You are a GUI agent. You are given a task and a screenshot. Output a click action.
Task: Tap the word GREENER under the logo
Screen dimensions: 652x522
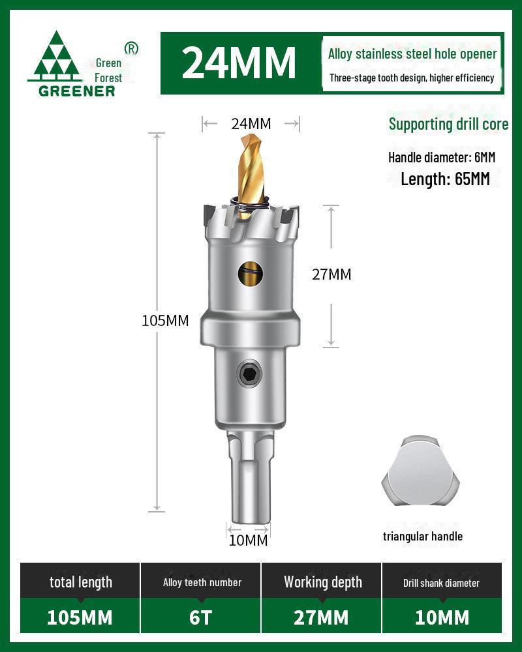(76, 91)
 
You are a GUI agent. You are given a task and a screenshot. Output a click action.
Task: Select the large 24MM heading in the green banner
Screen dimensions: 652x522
(238, 62)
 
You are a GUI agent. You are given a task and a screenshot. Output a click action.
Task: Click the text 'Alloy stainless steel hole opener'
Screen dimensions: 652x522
(412, 54)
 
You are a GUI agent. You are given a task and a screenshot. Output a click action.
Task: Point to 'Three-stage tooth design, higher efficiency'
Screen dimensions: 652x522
(412, 78)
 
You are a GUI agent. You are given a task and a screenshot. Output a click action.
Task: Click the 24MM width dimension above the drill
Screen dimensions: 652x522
(251, 123)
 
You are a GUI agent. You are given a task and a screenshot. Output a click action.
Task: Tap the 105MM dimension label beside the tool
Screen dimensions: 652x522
(165, 320)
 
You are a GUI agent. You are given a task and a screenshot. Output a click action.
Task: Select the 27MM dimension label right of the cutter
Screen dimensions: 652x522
(331, 274)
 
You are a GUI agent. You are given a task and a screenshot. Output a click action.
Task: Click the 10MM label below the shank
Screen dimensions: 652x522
(248, 540)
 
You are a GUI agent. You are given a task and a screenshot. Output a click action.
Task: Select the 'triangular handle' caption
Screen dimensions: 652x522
(423, 536)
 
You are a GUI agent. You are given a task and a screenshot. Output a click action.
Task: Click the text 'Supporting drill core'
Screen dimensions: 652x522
(448, 124)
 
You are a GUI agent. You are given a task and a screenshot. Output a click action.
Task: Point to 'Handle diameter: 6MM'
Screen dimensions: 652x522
(442, 157)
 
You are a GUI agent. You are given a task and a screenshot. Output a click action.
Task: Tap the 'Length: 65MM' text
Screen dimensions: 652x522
(445, 179)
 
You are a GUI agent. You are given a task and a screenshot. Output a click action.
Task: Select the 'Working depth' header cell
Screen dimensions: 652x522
(322, 582)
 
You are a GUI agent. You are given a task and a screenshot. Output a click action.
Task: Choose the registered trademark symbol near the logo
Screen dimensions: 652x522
(131, 48)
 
